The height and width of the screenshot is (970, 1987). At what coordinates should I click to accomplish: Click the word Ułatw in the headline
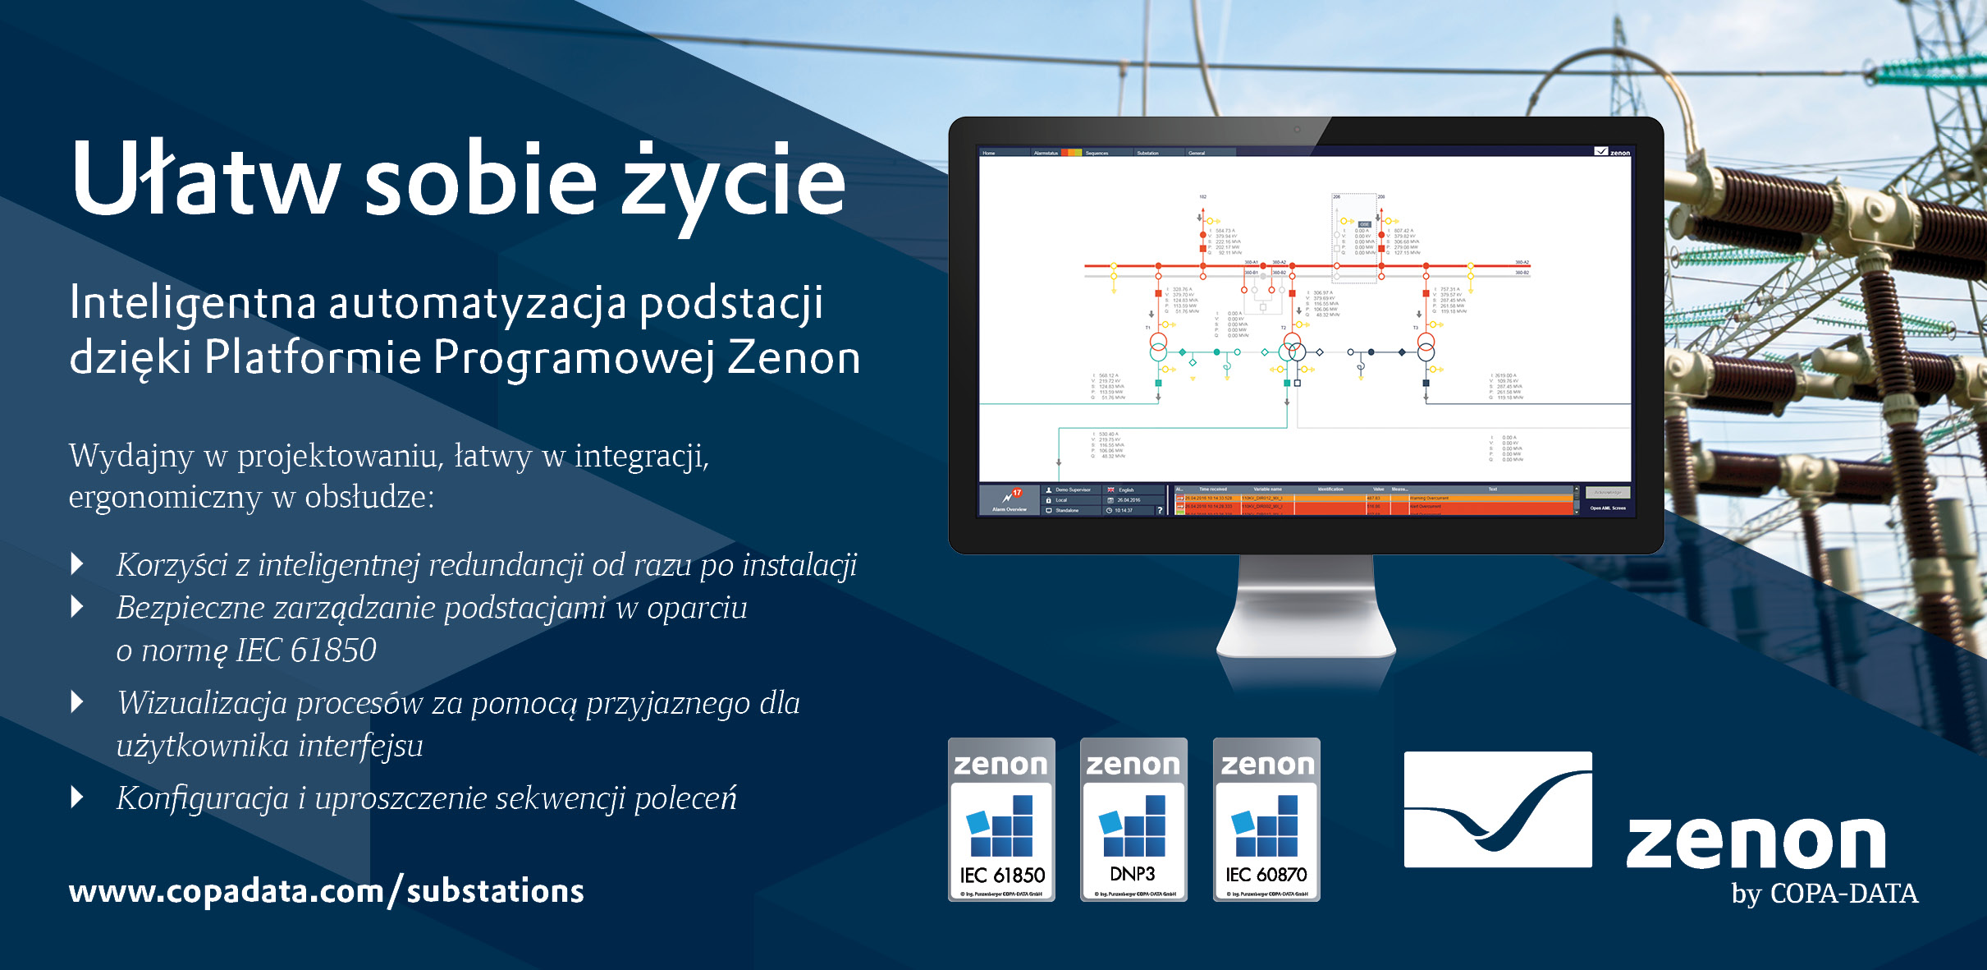[205, 179]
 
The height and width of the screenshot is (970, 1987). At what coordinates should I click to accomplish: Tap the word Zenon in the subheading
[794, 358]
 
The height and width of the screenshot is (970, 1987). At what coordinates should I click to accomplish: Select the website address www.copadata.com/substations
[326, 891]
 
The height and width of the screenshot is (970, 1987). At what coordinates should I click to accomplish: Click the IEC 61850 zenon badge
[1001, 820]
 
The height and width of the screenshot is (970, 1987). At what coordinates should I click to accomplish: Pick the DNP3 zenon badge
[1133, 820]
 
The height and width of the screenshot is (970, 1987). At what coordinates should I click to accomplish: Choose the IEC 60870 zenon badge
[1266, 820]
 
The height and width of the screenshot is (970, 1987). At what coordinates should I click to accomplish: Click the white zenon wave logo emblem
[1498, 810]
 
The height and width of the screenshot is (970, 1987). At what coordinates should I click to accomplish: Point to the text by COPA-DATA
[1824, 894]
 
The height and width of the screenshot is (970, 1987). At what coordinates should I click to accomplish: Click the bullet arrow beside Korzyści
[78, 563]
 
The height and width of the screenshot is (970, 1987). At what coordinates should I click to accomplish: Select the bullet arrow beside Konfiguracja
[78, 797]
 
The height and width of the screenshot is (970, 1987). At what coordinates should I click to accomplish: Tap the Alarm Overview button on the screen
[1010, 499]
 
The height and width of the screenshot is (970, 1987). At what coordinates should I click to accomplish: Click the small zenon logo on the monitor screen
[1613, 152]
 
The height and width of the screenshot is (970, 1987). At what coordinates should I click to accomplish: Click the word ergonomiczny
[165, 497]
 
